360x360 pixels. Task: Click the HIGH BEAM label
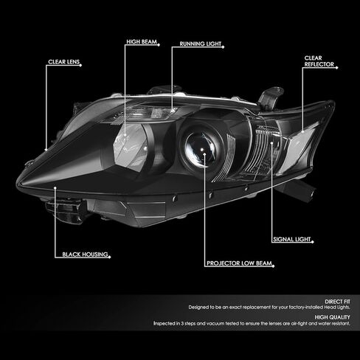tap(142, 42)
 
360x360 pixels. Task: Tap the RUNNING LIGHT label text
tap(201, 44)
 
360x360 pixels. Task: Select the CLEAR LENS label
tap(64, 62)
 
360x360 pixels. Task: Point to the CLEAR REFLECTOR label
tap(319, 61)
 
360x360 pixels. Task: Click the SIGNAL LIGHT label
tap(292, 239)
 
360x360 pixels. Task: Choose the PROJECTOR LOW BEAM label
tap(239, 263)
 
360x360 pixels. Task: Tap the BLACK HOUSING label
tap(85, 255)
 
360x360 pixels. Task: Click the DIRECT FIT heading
tap(337, 302)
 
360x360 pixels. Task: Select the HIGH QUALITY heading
tap(332, 317)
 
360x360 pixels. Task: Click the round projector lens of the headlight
tap(202, 150)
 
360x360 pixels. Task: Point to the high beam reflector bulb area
tap(131, 145)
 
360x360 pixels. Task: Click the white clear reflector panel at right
tap(303, 142)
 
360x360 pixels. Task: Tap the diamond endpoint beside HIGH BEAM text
tap(159, 45)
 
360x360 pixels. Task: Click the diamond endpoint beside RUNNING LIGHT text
tap(224, 47)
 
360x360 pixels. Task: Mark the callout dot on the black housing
tap(55, 188)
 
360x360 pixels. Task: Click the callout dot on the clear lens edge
tap(46, 150)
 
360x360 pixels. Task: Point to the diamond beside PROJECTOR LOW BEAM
tap(274, 266)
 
